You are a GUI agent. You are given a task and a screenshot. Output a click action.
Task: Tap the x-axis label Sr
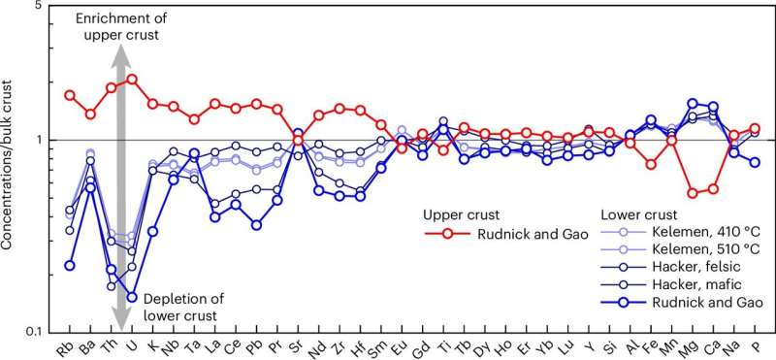pyautogui.click(x=298, y=347)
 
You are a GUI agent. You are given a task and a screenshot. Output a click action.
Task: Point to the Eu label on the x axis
pyautogui.click(x=402, y=347)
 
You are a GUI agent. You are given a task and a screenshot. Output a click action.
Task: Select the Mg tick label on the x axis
pyautogui.click(x=693, y=347)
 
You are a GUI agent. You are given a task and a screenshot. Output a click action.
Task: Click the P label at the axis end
pyautogui.click(x=755, y=347)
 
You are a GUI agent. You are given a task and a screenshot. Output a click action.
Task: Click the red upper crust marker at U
pyautogui.click(x=132, y=79)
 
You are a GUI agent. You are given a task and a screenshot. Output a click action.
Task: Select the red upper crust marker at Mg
pyautogui.click(x=693, y=193)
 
